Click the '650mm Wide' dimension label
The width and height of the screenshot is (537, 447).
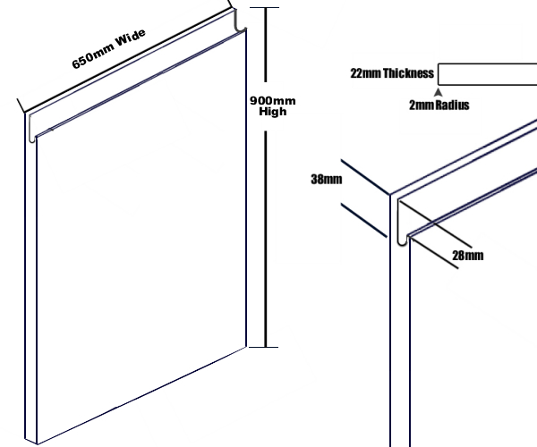[109, 48]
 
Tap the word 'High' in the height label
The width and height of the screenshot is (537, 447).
[273, 111]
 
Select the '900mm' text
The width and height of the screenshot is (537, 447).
[273, 100]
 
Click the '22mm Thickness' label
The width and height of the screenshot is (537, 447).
[392, 73]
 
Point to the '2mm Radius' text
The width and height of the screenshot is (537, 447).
[439, 105]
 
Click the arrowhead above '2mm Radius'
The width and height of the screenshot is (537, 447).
[438, 92]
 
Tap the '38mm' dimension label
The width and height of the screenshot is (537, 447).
[327, 179]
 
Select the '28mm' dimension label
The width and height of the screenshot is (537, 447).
[468, 256]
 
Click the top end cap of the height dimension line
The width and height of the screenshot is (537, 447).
[264, 7]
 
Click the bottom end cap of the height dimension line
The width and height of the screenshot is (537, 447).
[263, 347]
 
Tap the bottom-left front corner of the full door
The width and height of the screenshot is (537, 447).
[37, 444]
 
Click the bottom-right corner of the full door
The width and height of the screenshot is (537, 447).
[246, 347]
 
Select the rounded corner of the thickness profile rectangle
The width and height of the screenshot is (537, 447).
[439, 83]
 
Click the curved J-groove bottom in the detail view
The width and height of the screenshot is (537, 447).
[403, 241]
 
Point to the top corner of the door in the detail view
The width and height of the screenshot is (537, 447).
[390, 195]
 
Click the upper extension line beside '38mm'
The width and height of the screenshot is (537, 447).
[365, 177]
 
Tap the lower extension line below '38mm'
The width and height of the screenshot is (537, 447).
[364, 220]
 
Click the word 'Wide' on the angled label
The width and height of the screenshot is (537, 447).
[131, 38]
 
